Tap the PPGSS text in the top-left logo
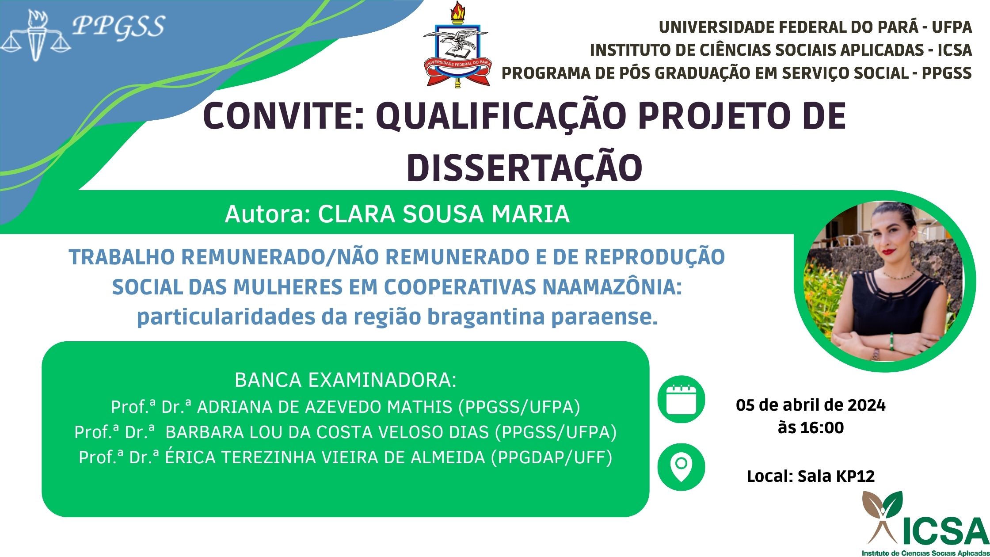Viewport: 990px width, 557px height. (x=118, y=26)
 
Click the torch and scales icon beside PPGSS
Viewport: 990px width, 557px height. (x=35, y=36)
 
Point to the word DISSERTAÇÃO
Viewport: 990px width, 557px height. (x=524, y=168)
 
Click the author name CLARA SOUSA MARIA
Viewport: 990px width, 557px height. (x=444, y=214)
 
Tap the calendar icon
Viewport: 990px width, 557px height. (x=681, y=399)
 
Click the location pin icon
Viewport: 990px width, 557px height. (x=681, y=467)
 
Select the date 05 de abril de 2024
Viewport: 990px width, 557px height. (x=811, y=405)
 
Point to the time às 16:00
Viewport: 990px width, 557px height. (x=811, y=427)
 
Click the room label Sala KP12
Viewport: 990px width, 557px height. (x=836, y=476)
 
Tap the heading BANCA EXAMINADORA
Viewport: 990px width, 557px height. (x=345, y=380)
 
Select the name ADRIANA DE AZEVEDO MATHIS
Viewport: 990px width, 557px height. (x=324, y=407)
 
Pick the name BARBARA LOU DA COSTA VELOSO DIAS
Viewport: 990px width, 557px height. (x=327, y=432)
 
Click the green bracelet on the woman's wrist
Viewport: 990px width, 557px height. (x=891, y=342)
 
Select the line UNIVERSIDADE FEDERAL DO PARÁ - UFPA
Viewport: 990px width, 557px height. (x=815, y=27)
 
